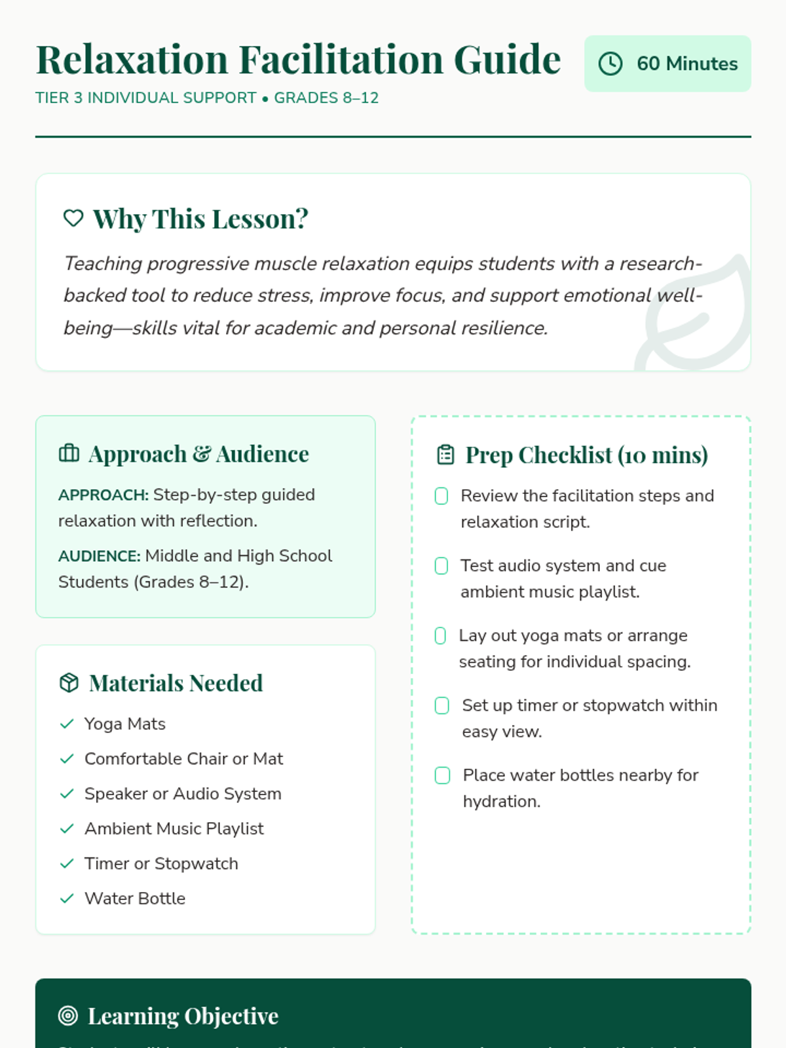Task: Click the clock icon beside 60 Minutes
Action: point(610,64)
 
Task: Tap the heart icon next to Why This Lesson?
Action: point(73,218)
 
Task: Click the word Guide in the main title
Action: point(507,60)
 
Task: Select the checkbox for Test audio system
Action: point(441,565)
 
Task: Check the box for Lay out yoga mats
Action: point(441,635)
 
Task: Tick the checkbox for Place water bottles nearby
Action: point(443,776)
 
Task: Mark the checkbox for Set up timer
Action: point(442,705)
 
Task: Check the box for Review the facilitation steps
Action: point(441,496)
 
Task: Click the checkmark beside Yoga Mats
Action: point(67,724)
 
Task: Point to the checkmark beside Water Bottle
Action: point(67,899)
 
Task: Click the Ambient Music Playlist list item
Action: point(174,829)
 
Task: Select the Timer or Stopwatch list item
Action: point(161,863)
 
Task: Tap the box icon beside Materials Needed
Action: point(69,683)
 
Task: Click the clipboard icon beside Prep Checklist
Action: point(445,455)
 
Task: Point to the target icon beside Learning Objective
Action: point(68,1016)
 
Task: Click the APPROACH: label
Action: point(103,495)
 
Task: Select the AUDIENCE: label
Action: point(100,556)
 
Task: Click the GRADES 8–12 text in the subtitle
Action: point(326,98)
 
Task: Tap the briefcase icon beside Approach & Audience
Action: point(69,453)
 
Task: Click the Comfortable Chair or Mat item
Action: point(183,758)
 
